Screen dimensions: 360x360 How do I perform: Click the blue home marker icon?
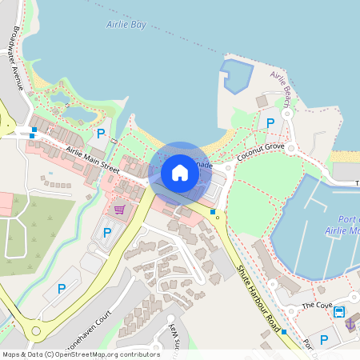coord(180,173)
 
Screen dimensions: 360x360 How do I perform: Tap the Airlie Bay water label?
coord(126,25)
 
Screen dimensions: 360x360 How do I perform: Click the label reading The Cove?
coord(317,306)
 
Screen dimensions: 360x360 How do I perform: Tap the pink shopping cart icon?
coord(119,210)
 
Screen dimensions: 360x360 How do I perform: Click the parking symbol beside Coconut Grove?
coord(270,123)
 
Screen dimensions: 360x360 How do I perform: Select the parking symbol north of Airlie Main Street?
coord(100,134)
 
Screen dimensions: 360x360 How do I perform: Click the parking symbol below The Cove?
coord(324,340)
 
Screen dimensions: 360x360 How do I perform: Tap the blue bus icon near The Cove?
coord(339,311)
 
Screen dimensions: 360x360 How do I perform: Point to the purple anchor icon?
coord(350,324)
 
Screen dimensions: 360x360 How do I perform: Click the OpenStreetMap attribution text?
coord(81,354)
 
